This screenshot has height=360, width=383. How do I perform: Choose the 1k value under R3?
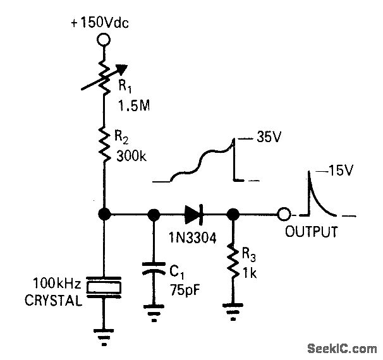tap(252, 273)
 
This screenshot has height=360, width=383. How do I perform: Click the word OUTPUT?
tap(310, 231)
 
